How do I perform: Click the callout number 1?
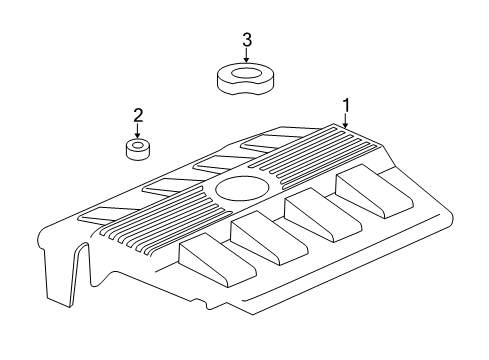(x=346, y=104)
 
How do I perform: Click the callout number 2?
(x=139, y=115)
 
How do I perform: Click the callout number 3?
(x=246, y=40)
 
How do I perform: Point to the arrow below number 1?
(x=346, y=121)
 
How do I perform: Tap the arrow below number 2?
(x=139, y=132)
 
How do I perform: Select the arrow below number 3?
(x=246, y=57)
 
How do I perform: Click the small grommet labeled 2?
(x=139, y=150)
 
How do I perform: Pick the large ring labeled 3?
(x=246, y=78)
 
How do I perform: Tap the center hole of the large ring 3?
(x=246, y=71)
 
